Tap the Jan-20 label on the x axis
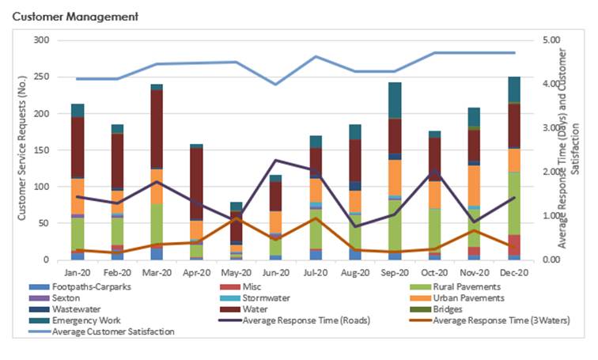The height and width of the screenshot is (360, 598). click(78, 271)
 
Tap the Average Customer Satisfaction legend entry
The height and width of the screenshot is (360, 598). click(113, 332)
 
